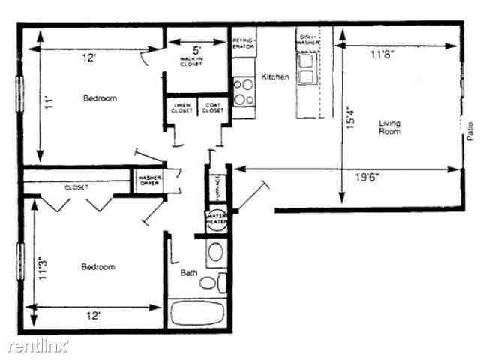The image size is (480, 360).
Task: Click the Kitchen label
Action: pyautogui.click(x=275, y=77)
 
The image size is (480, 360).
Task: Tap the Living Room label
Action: pyautogui.click(x=388, y=127)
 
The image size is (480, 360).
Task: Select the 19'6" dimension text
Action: pyautogui.click(x=367, y=178)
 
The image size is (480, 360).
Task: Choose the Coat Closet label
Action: pyautogui.click(x=212, y=106)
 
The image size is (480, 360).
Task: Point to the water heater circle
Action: pyautogui.click(x=216, y=219)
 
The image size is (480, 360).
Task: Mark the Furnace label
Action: pyautogui.click(x=215, y=184)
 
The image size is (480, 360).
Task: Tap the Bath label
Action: pyautogui.click(x=189, y=273)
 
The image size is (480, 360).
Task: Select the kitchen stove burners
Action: pyautogui.click(x=243, y=92)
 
